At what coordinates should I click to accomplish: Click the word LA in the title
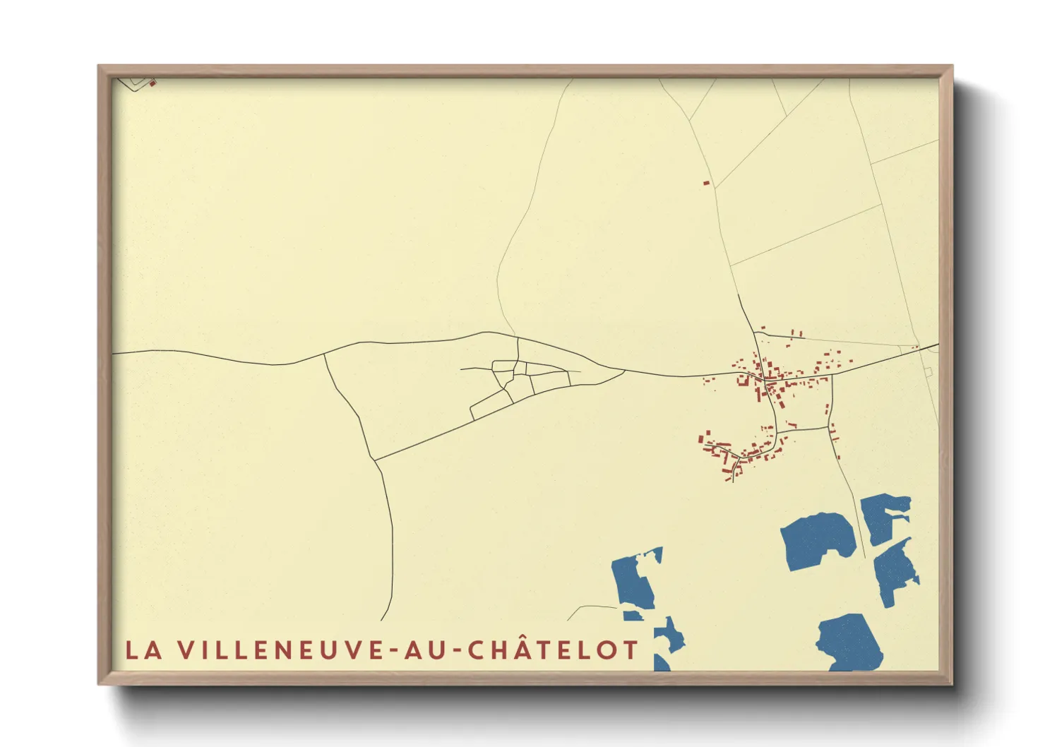144,650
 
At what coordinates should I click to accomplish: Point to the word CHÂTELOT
554,650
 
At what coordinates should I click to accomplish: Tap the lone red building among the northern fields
706,183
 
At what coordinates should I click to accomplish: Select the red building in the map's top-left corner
153,83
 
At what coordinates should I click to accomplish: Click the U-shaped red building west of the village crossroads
742,380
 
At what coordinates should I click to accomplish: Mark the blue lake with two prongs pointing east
883,516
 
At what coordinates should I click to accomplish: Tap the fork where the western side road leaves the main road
324,354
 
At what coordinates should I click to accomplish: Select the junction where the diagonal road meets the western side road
374,460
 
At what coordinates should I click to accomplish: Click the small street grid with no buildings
519,381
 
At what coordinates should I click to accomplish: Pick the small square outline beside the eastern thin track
928,371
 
